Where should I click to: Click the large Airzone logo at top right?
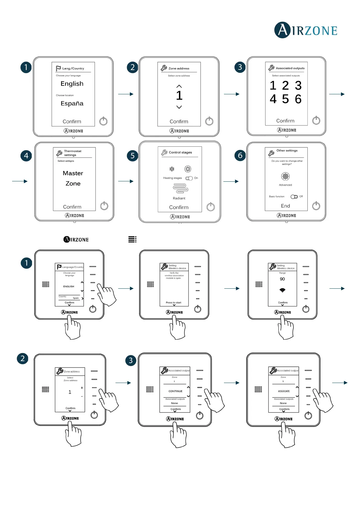coord(306,30)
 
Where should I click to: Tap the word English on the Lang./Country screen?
coord(72,84)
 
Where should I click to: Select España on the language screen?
coord(72,103)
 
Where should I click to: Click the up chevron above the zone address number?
coord(179,86)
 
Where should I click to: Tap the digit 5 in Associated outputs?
coord(285,99)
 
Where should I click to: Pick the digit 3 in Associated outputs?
coord(298,86)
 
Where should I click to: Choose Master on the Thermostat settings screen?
coord(73,173)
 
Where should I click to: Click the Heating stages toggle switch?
coord(189,178)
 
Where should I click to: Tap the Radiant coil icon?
coord(180,189)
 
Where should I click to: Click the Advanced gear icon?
coord(285,176)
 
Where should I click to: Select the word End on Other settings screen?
coord(285,206)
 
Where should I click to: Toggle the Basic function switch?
coord(294,196)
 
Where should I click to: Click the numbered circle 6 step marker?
coord(240,155)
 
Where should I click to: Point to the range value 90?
coord(282,279)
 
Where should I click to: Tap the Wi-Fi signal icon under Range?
coord(282,290)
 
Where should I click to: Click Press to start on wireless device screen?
coord(174,303)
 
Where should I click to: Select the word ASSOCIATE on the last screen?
coord(284,391)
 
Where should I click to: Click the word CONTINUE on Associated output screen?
coord(175,391)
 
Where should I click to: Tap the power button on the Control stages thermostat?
coord(211,207)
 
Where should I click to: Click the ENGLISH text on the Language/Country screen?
coord(69,286)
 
